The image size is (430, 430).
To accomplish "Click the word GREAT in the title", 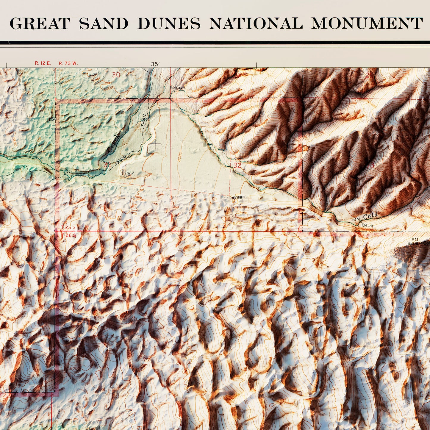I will click(x=40, y=24).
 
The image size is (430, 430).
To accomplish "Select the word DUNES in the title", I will click(x=169, y=24).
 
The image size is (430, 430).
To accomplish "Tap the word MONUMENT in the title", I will click(x=367, y=24).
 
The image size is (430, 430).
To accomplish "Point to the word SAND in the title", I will click(x=104, y=24).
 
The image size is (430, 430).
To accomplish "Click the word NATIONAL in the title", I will click(x=256, y=24).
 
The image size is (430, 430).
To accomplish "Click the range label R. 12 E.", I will click(x=43, y=63).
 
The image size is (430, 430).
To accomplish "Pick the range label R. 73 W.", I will click(x=68, y=63).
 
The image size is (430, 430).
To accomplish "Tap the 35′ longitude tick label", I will click(x=155, y=64).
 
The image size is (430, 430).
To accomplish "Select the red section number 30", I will click(x=116, y=75).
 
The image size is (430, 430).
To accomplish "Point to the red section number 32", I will click(x=237, y=165).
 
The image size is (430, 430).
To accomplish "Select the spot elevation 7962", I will click(x=129, y=173).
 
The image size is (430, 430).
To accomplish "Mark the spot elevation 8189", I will click(x=237, y=197).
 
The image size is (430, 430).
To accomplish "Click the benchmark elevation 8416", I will click(x=368, y=225).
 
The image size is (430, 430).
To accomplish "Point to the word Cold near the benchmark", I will click(x=370, y=216).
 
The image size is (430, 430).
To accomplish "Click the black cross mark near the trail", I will click(x=155, y=144).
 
